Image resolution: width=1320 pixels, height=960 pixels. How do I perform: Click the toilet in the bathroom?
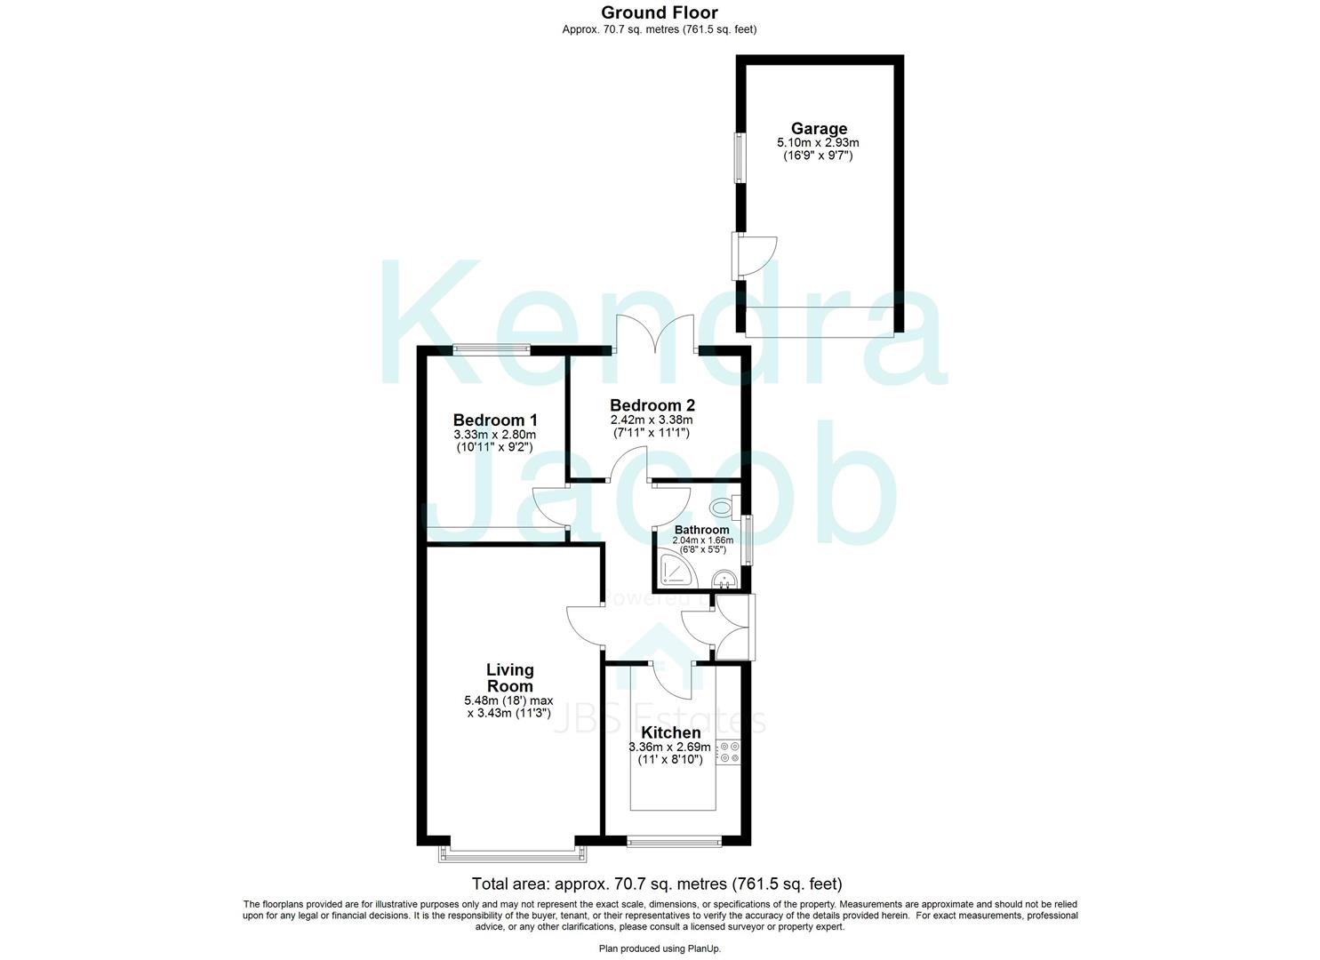point(723,508)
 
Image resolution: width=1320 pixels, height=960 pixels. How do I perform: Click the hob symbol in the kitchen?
point(730,752)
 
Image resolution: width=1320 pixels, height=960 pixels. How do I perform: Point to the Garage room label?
point(819,129)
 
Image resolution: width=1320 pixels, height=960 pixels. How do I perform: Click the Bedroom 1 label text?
point(495,420)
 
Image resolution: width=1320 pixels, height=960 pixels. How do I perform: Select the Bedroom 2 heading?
point(652,405)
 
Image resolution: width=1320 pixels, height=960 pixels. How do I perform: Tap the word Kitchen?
point(671,733)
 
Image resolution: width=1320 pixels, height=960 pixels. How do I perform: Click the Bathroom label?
point(701,530)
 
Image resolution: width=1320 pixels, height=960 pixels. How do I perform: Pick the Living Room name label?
point(510,677)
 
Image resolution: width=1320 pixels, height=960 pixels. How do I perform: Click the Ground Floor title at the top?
point(660,12)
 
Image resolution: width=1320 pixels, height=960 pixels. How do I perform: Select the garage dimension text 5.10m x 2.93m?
point(818,142)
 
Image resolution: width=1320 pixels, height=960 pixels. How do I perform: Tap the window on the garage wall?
point(739,158)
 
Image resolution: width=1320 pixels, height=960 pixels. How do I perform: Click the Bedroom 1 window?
point(492,349)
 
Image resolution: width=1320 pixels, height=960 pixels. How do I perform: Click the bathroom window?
point(748,540)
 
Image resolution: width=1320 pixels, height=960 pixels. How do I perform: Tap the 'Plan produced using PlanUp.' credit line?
point(660,948)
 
